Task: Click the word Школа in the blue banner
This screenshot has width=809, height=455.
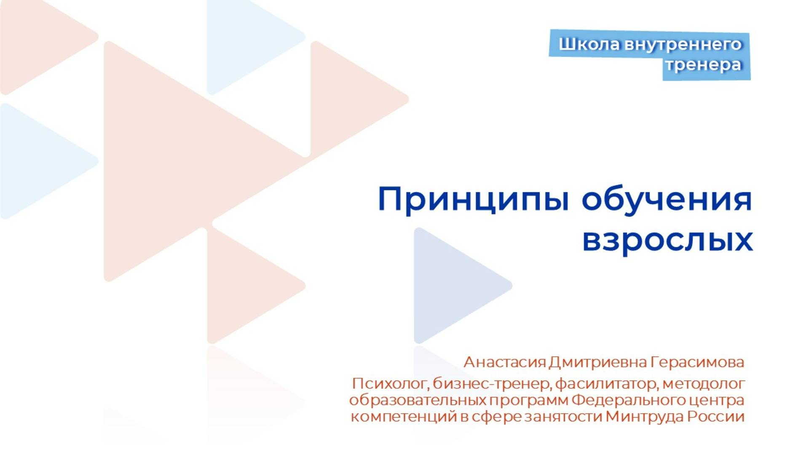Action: [x=589, y=44]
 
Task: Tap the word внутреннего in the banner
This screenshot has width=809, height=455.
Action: [x=683, y=44]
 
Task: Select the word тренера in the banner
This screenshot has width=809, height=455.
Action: [x=704, y=65]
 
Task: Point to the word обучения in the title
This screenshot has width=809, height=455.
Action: [x=667, y=199]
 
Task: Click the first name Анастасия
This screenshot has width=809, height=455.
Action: [x=505, y=362]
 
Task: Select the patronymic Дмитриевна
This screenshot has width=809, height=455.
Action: [x=598, y=362]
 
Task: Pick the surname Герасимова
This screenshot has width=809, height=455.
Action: [x=697, y=362]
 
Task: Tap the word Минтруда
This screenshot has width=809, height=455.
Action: [x=645, y=417]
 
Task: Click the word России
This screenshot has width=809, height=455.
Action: [x=716, y=417]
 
